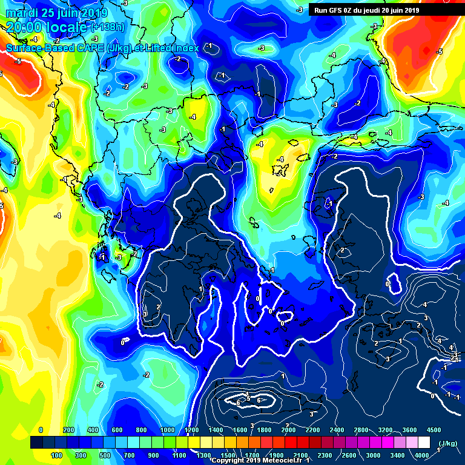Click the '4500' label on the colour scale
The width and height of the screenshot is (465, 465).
coord(434,429)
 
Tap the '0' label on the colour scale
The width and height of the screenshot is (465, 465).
coord(41,429)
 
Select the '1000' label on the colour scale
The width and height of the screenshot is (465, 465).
coord(167,429)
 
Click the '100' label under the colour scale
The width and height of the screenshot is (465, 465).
coord(57,455)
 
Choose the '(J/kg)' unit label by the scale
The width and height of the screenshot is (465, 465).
coord(448,443)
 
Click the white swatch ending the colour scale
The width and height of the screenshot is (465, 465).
coord(424,443)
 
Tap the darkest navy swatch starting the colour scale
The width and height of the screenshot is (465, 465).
coord(36,443)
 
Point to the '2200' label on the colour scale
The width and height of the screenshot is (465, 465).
coord(312,429)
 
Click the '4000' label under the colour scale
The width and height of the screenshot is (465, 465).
coord(421,455)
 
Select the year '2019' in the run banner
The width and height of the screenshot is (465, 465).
coord(411,10)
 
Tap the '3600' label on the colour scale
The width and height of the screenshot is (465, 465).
coord(409,429)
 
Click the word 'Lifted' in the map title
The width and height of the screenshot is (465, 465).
coord(151,47)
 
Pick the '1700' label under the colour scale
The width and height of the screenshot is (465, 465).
coord(252,455)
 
